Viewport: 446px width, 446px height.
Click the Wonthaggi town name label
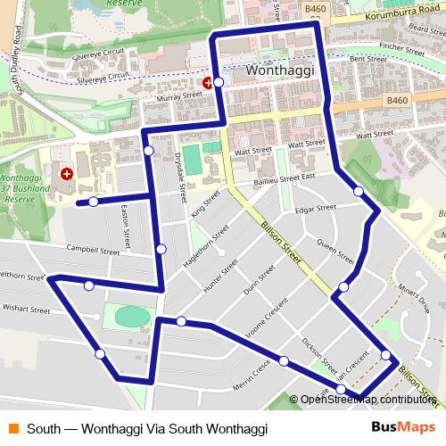pos(266,70)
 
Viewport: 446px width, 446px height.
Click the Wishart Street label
pos(27,310)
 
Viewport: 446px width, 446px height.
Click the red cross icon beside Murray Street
pos(208,82)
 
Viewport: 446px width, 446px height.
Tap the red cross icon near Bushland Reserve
pos(66,171)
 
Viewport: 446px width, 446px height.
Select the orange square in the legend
pos(13,428)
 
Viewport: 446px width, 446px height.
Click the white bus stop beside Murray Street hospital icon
pos(219,81)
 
